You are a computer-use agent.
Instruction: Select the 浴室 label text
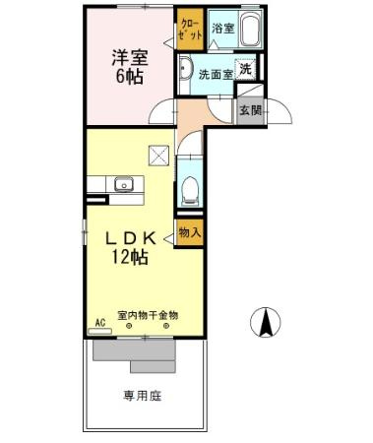click(x=222, y=30)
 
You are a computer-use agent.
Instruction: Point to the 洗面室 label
click(x=216, y=74)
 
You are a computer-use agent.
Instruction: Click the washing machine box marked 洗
click(x=247, y=69)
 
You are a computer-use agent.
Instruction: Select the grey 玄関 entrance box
click(x=249, y=110)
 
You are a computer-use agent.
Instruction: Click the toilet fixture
click(x=191, y=187)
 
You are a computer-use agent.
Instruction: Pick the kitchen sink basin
click(x=123, y=184)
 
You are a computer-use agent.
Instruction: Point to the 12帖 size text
click(x=128, y=258)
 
